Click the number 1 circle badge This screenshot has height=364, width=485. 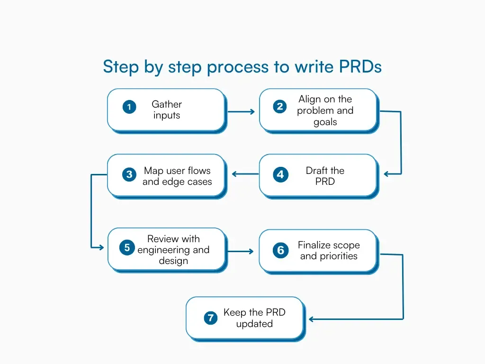click(129, 107)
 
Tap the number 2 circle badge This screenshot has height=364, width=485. click(280, 107)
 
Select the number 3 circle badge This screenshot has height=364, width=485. click(129, 175)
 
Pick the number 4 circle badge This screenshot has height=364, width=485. click(280, 175)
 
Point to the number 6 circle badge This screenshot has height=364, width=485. click(280, 250)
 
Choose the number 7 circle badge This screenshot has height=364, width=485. click(210, 318)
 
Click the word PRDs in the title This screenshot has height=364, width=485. click(360, 67)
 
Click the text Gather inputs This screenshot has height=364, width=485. click(167, 109)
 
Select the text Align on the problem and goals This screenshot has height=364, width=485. click(325, 110)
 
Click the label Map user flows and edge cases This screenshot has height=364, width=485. click(177, 176)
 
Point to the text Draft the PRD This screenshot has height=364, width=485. click(325, 176)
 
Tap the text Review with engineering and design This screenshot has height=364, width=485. click(173, 250)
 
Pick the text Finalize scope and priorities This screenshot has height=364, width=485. click(329, 250)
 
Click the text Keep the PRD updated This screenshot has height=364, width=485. click(254, 318)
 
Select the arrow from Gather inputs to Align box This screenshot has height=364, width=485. click(241, 112)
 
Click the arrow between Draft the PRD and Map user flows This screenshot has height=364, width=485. click(245, 174)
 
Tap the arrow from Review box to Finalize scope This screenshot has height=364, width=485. click(241, 251)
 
